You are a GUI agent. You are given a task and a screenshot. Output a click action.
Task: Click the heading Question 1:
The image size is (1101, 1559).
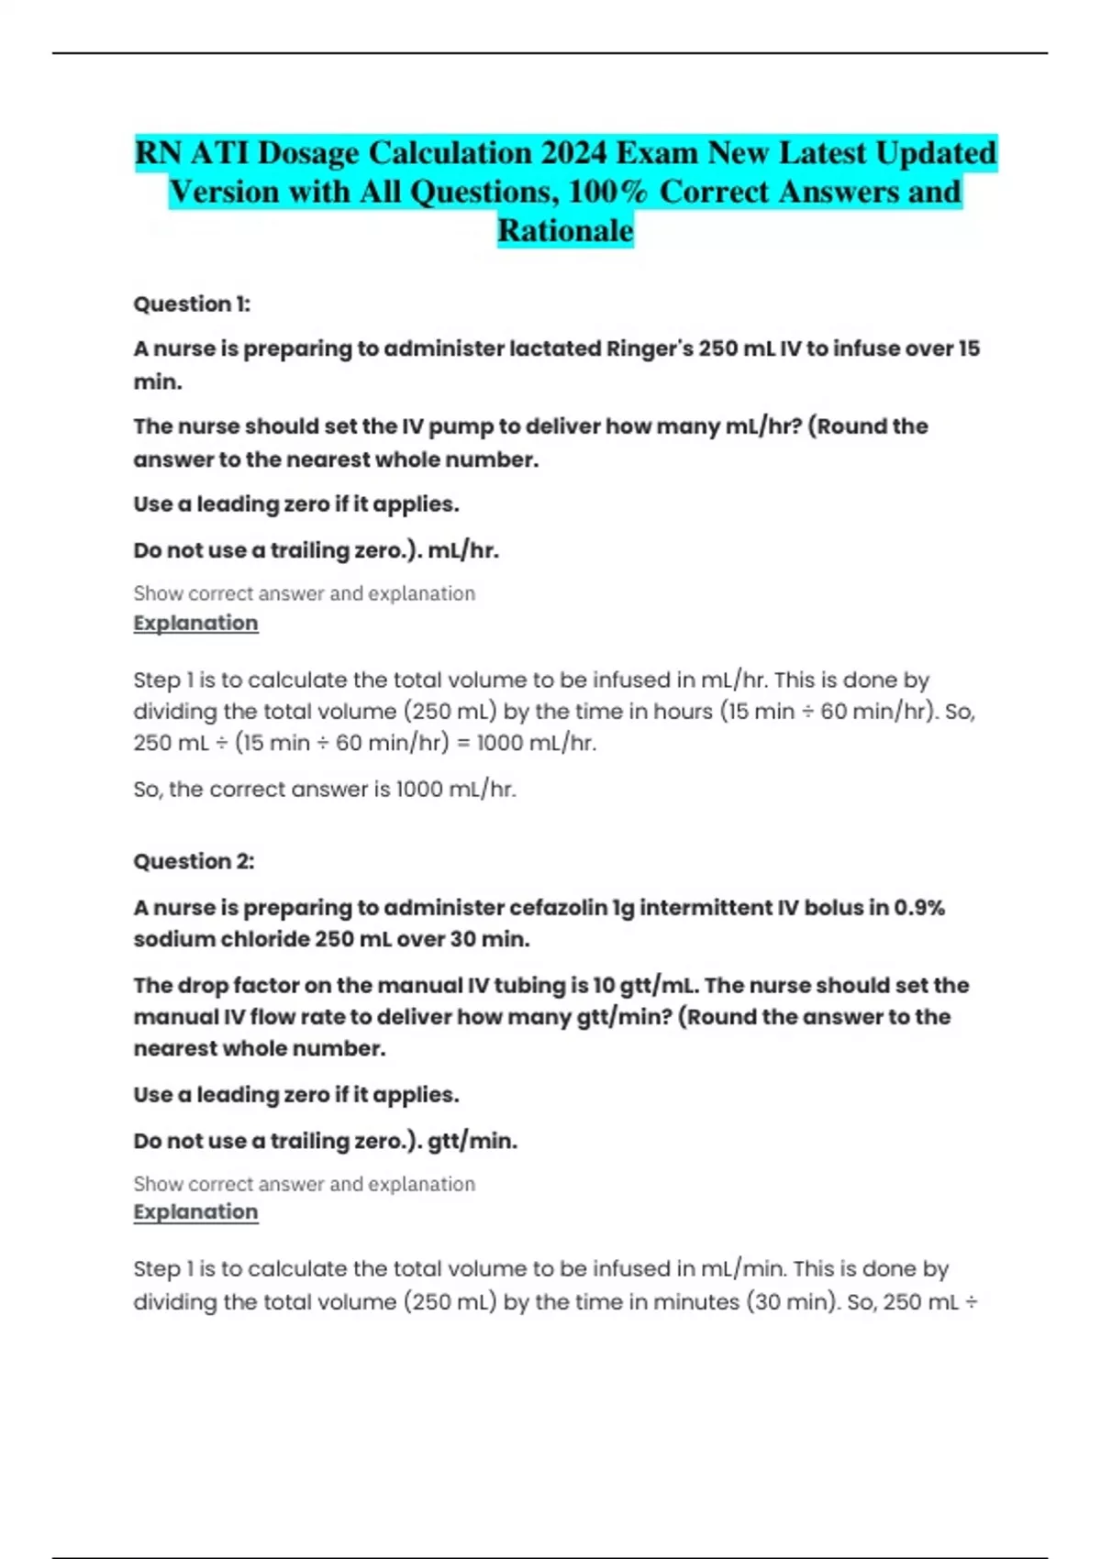pyautogui.click(x=192, y=304)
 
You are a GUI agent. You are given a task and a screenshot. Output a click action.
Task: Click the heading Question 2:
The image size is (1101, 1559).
pyautogui.click(x=194, y=861)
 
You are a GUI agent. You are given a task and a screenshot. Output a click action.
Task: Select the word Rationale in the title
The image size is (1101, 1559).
pyautogui.click(x=565, y=230)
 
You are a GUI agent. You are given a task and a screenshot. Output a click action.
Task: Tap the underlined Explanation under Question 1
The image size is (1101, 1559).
pyautogui.click(x=195, y=624)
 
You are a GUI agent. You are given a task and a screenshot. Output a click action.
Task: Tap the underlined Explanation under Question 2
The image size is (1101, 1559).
pyautogui.click(x=195, y=1212)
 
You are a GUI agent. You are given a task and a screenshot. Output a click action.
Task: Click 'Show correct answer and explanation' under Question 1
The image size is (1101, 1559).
pyautogui.click(x=304, y=594)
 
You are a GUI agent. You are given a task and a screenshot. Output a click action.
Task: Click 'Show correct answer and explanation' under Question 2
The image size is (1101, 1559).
pyautogui.click(x=304, y=1185)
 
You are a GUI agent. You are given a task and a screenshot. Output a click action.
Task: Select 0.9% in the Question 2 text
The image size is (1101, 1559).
pyautogui.click(x=919, y=908)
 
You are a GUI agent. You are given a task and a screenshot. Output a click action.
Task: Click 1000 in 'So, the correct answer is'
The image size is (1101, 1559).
pyautogui.click(x=419, y=790)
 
